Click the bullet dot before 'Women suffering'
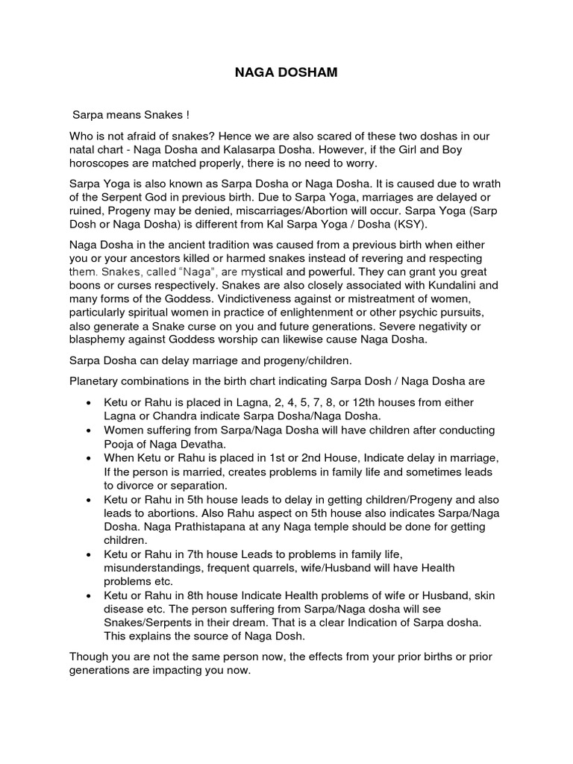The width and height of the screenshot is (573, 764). [89, 430]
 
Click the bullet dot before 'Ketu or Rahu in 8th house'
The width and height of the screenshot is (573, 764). [89, 596]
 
